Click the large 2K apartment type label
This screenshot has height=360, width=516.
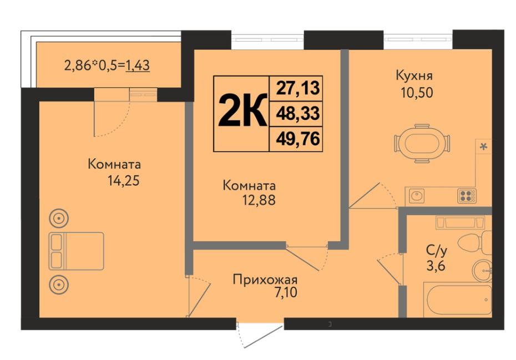click(242, 110)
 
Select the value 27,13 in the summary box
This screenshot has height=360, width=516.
click(298, 88)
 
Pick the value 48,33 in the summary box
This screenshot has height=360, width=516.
click(298, 114)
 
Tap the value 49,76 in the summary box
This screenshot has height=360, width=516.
click(298, 139)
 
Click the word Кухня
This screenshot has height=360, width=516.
click(414, 75)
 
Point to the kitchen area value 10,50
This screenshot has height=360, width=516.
click(417, 93)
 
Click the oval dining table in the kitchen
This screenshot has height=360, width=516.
click(422, 144)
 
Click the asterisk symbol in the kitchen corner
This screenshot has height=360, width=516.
click(483, 147)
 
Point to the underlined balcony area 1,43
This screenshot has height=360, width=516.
click(138, 65)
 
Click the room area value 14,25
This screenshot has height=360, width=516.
click(124, 181)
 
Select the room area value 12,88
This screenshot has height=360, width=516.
click(259, 200)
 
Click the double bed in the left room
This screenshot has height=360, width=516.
click(77, 251)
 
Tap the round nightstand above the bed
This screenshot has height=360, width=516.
click(59, 218)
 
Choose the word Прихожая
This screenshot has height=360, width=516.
click(265, 280)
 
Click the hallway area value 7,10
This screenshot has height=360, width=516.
click(286, 292)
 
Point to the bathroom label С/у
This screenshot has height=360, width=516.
click(436, 251)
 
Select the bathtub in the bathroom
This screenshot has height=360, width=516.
click(457, 300)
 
